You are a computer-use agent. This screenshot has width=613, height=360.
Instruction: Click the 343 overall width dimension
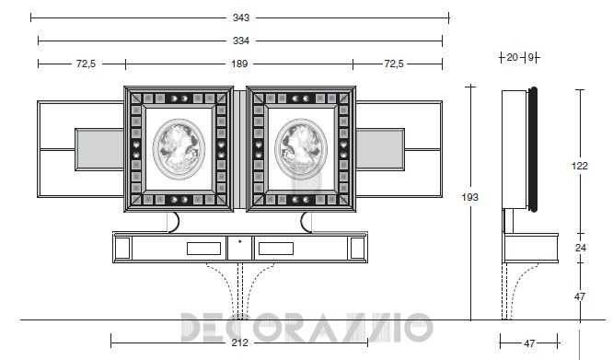click(241, 17)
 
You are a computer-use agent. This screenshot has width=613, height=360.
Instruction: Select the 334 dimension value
click(241, 41)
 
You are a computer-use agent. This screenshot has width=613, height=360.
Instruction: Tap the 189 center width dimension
click(239, 64)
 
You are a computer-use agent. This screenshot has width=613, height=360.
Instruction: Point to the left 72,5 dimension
click(86, 64)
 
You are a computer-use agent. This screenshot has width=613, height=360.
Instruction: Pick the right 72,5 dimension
click(394, 64)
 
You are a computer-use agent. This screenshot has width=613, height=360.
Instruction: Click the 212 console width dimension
click(239, 343)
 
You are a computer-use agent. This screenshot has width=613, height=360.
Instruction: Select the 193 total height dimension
click(470, 197)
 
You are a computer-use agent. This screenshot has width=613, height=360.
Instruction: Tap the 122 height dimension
click(580, 166)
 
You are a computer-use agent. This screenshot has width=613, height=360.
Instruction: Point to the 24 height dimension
click(581, 248)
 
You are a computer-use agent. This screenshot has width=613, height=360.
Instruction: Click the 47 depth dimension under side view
click(529, 343)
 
